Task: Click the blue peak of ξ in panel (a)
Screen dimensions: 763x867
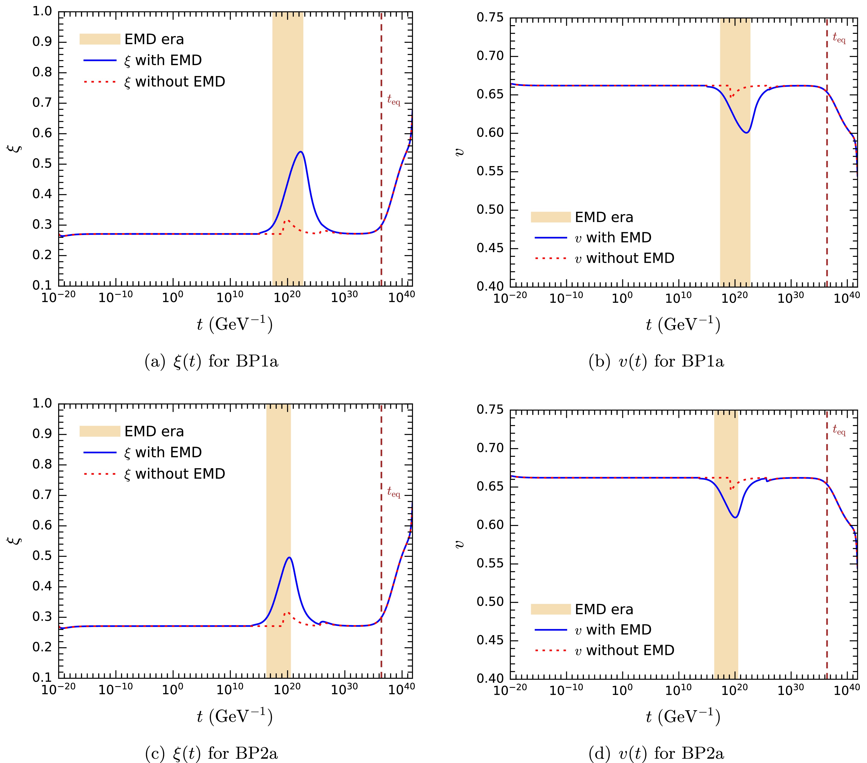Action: coord(300,152)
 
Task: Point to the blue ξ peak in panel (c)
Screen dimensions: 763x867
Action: coord(289,558)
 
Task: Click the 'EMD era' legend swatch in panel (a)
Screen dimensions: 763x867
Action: coord(100,39)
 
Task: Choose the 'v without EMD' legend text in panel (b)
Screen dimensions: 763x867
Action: coord(624,258)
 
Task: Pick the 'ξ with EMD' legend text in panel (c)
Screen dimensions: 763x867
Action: coord(163,453)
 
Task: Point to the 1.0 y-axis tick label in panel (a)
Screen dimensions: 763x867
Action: coord(42,11)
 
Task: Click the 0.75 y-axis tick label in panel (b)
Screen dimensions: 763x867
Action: coord(490,18)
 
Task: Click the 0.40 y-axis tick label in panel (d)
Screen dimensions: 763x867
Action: coord(490,678)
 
